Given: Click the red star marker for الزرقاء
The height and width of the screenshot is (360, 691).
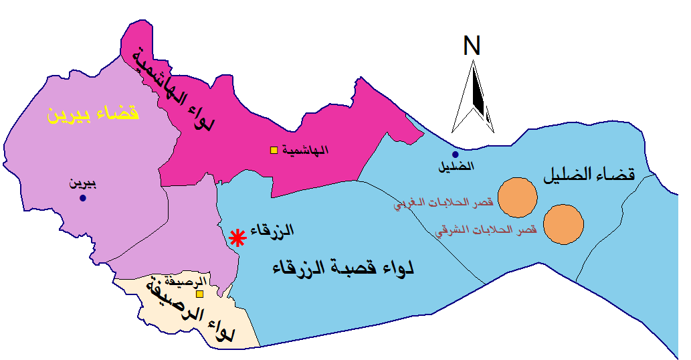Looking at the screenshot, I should pyautogui.click(x=236, y=238).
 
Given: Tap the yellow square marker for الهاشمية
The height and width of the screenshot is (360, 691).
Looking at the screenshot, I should pyautogui.click(x=273, y=150).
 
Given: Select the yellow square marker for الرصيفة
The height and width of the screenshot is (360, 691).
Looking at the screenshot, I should pyautogui.click(x=199, y=294).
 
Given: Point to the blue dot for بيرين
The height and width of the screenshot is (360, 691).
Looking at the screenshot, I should pyautogui.click(x=83, y=198).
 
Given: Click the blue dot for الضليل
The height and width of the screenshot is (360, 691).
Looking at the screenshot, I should pyautogui.click(x=456, y=155).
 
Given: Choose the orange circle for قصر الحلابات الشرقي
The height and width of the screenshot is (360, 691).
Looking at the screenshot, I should pyautogui.click(x=563, y=224).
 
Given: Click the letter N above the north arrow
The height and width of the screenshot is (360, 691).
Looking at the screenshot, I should pyautogui.click(x=472, y=46).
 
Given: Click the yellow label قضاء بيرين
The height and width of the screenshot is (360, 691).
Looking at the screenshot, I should pyautogui.click(x=93, y=113).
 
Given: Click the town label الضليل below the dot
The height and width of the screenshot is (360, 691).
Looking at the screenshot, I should pyautogui.click(x=456, y=167).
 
